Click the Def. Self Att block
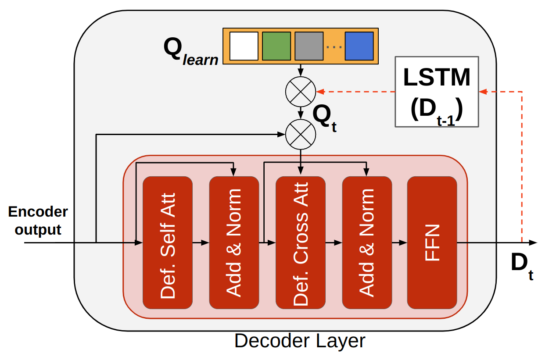(x=168, y=242)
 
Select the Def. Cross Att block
(x=301, y=242)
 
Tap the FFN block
(x=432, y=242)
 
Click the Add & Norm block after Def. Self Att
(x=234, y=242)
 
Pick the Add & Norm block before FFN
(x=367, y=242)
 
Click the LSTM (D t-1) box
(x=437, y=92)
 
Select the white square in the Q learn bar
(x=244, y=46)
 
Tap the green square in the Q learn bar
(x=276, y=46)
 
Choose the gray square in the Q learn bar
(x=309, y=46)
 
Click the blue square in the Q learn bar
(x=359, y=46)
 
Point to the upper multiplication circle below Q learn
(x=301, y=92)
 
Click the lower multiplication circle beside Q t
(x=301, y=134)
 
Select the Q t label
(x=324, y=118)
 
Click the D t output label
(x=522, y=265)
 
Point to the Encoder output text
(x=38, y=221)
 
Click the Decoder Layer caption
(x=300, y=341)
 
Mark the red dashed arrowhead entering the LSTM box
(x=483, y=92)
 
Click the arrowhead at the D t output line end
(x=533, y=242)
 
